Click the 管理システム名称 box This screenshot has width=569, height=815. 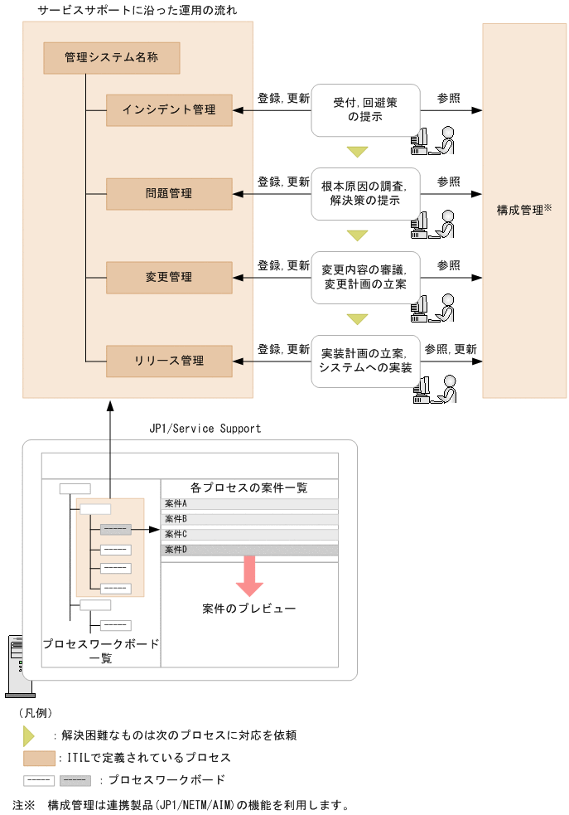click(111, 59)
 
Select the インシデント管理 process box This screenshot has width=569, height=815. click(169, 109)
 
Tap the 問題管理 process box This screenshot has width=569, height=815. click(169, 193)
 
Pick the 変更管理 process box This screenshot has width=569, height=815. click(169, 277)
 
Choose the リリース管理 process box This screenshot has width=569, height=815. click(169, 361)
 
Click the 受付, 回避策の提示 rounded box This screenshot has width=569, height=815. click(365, 109)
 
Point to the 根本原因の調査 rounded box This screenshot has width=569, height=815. click(365, 193)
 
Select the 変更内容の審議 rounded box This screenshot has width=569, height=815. click(365, 277)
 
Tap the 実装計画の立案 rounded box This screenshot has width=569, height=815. click(365, 361)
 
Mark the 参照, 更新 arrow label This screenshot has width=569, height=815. click(450, 349)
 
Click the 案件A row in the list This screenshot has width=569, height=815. click(249, 504)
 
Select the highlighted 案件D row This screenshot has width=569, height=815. click(249, 550)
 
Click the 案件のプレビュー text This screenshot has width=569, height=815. click(248, 609)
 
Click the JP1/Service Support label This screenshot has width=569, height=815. click(205, 429)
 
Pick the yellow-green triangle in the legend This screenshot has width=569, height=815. click(29, 735)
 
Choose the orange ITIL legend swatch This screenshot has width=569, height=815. click(39, 758)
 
